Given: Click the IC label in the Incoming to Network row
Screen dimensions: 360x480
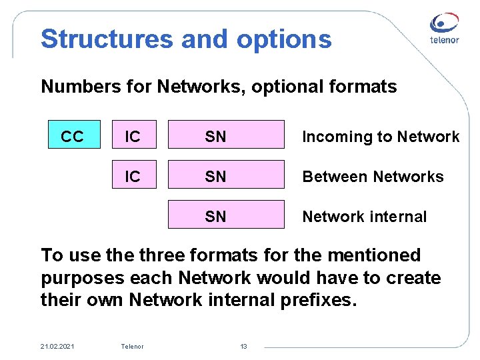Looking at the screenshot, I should click(x=133, y=137).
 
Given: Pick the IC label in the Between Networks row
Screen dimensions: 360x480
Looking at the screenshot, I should click(x=133, y=177).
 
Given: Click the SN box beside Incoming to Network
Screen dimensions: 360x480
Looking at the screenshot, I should click(x=225, y=135).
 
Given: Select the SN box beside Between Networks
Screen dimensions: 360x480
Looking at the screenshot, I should click(x=225, y=175).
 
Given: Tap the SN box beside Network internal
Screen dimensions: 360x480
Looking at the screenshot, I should click(x=225, y=215).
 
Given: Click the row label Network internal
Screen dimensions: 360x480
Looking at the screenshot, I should click(x=364, y=217).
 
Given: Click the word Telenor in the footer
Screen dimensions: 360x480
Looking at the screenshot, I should click(x=132, y=346).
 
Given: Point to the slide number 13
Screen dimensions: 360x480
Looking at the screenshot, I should click(x=243, y=346).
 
